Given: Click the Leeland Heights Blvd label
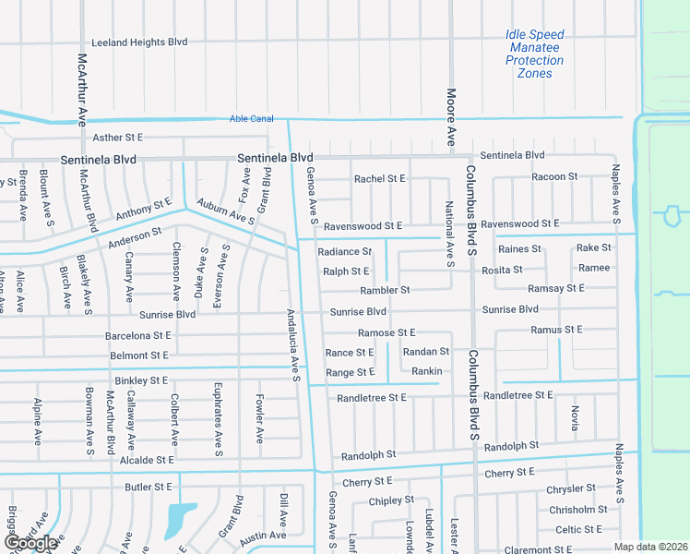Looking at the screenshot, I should (139, 42).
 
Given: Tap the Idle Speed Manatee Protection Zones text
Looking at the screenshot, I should (534, 54).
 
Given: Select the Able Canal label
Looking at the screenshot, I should (252, 118).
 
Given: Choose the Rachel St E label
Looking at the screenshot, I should (380, 179).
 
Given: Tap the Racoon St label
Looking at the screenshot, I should (554, 176).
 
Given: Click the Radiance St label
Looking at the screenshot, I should (344, 251).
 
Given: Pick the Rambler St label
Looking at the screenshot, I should (385, 290).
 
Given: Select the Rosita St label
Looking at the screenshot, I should (502, 270).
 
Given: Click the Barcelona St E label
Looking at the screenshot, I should (138, 336).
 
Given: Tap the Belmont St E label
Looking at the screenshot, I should (139, 355).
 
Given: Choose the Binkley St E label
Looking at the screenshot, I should (141, 380).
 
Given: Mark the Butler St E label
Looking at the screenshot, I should (149, 486).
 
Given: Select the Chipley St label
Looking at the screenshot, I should (391, 500).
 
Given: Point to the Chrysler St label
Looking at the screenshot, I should (572, 488).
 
